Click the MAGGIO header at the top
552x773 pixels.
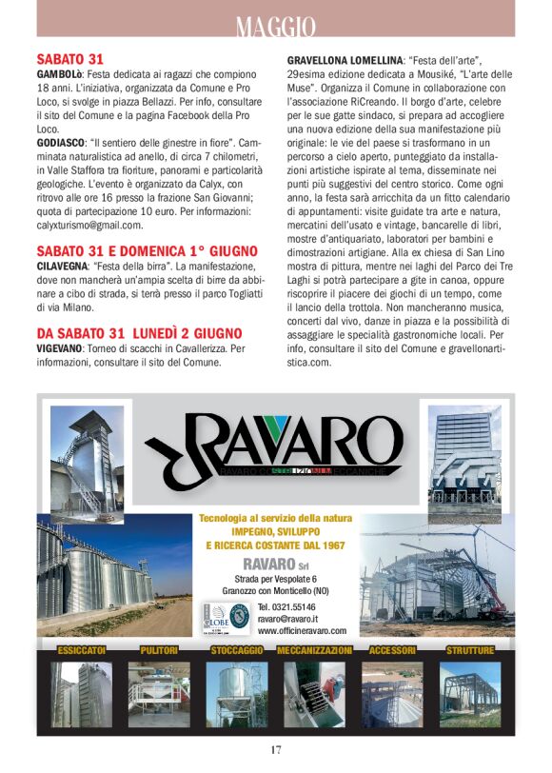(276, 27)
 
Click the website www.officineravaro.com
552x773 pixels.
(302, 630)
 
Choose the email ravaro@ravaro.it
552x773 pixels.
(289, 618)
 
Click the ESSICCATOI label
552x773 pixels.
(81, 650)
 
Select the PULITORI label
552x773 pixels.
(158, 650)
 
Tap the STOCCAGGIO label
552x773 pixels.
(237, 650)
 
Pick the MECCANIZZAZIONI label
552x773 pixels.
(314, 650)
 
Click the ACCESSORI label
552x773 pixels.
(391, 650)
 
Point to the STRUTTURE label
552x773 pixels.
(470, 650)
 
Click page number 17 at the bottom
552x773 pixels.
(276, 751)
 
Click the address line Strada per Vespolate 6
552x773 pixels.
(275, 579)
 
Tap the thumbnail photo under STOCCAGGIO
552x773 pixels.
(237, 694)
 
